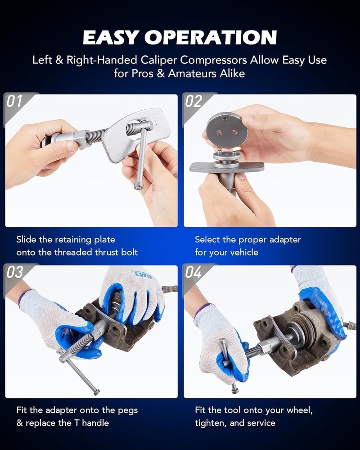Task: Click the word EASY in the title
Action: (111, 37)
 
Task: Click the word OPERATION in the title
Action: (211, 37)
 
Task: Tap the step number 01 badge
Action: (14, 101)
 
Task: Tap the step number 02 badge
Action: (193, 101)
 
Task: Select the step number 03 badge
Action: (15, 272)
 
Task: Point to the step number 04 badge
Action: (193, 272)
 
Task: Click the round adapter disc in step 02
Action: (226, 130)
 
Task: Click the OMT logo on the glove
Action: (143, 275)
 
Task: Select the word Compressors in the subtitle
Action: (214, 60)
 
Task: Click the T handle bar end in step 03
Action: (96, 392)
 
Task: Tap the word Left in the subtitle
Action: (42, 60)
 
